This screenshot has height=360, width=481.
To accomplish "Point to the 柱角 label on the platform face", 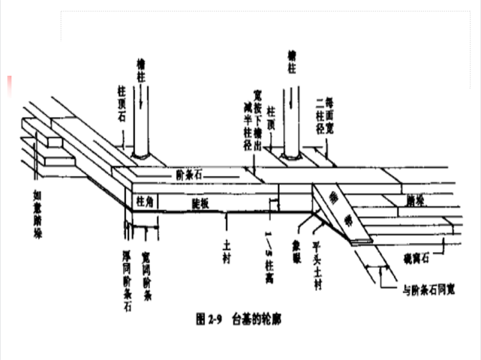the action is (145, 201).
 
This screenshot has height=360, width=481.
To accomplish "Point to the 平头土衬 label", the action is (315, 259).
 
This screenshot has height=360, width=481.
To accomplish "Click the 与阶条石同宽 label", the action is (430, 290).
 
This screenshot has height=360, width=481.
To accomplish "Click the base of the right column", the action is (292, 154).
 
